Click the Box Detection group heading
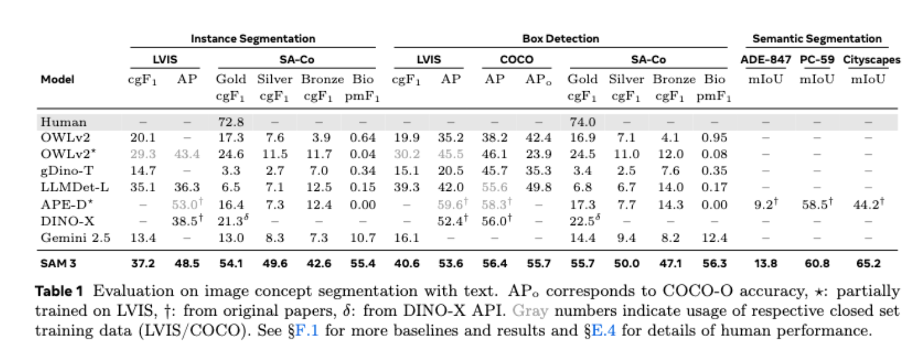(x=561, y=38)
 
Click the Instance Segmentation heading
(x=253, y=38)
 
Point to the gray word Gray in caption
(x=530, y=311)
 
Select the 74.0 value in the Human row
(x=582, y=122)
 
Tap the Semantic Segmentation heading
(x=817, y=38)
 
